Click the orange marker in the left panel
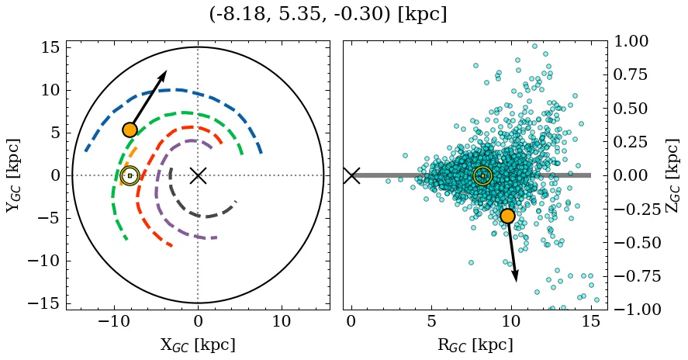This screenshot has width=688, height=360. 130,130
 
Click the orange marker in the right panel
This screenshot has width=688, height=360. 507,216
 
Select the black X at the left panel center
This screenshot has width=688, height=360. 198,175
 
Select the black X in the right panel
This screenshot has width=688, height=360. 351,175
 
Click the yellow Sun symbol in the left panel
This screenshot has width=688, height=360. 130,175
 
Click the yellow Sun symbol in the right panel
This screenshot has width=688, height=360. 482,175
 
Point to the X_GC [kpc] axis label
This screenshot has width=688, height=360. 198,345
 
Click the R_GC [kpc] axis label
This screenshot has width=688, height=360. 475,345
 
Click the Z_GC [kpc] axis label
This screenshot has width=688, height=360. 672,175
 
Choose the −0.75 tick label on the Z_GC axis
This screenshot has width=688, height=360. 631,275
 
